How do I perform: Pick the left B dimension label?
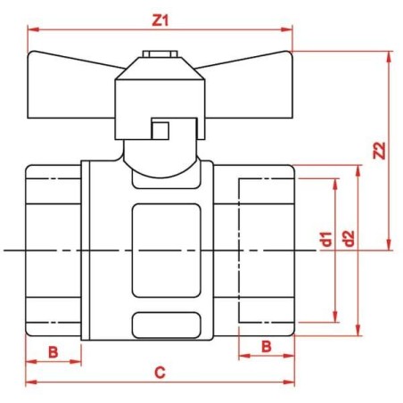(x=53, y=351)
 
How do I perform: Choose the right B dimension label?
(x=265, y=345)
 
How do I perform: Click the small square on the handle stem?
(x=160, y=130)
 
